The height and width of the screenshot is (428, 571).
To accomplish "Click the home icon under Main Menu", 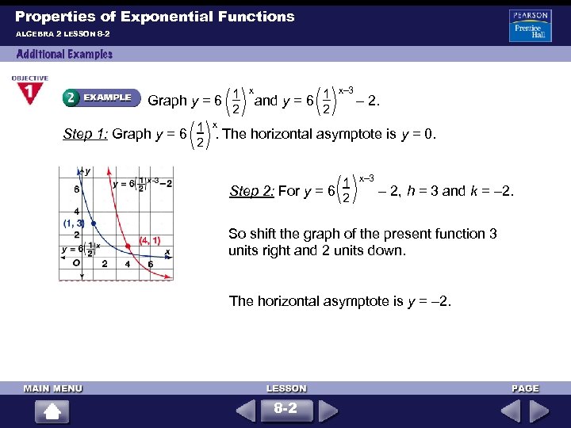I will coord(52,411).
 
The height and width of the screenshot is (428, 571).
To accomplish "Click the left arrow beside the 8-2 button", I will coord(247,411).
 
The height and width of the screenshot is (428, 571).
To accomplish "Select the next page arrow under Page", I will coord(539,411).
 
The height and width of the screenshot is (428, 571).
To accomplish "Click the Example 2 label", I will coord(98,97).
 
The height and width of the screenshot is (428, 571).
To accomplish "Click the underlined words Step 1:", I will coord(85,134).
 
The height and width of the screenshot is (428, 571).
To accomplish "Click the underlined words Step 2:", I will coord(251,190).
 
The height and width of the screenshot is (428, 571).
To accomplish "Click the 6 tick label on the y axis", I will coord(77,189).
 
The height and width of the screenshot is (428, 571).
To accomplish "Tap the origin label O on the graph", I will coord(75,263).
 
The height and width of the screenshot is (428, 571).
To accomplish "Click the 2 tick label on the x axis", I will coord(105,264).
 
